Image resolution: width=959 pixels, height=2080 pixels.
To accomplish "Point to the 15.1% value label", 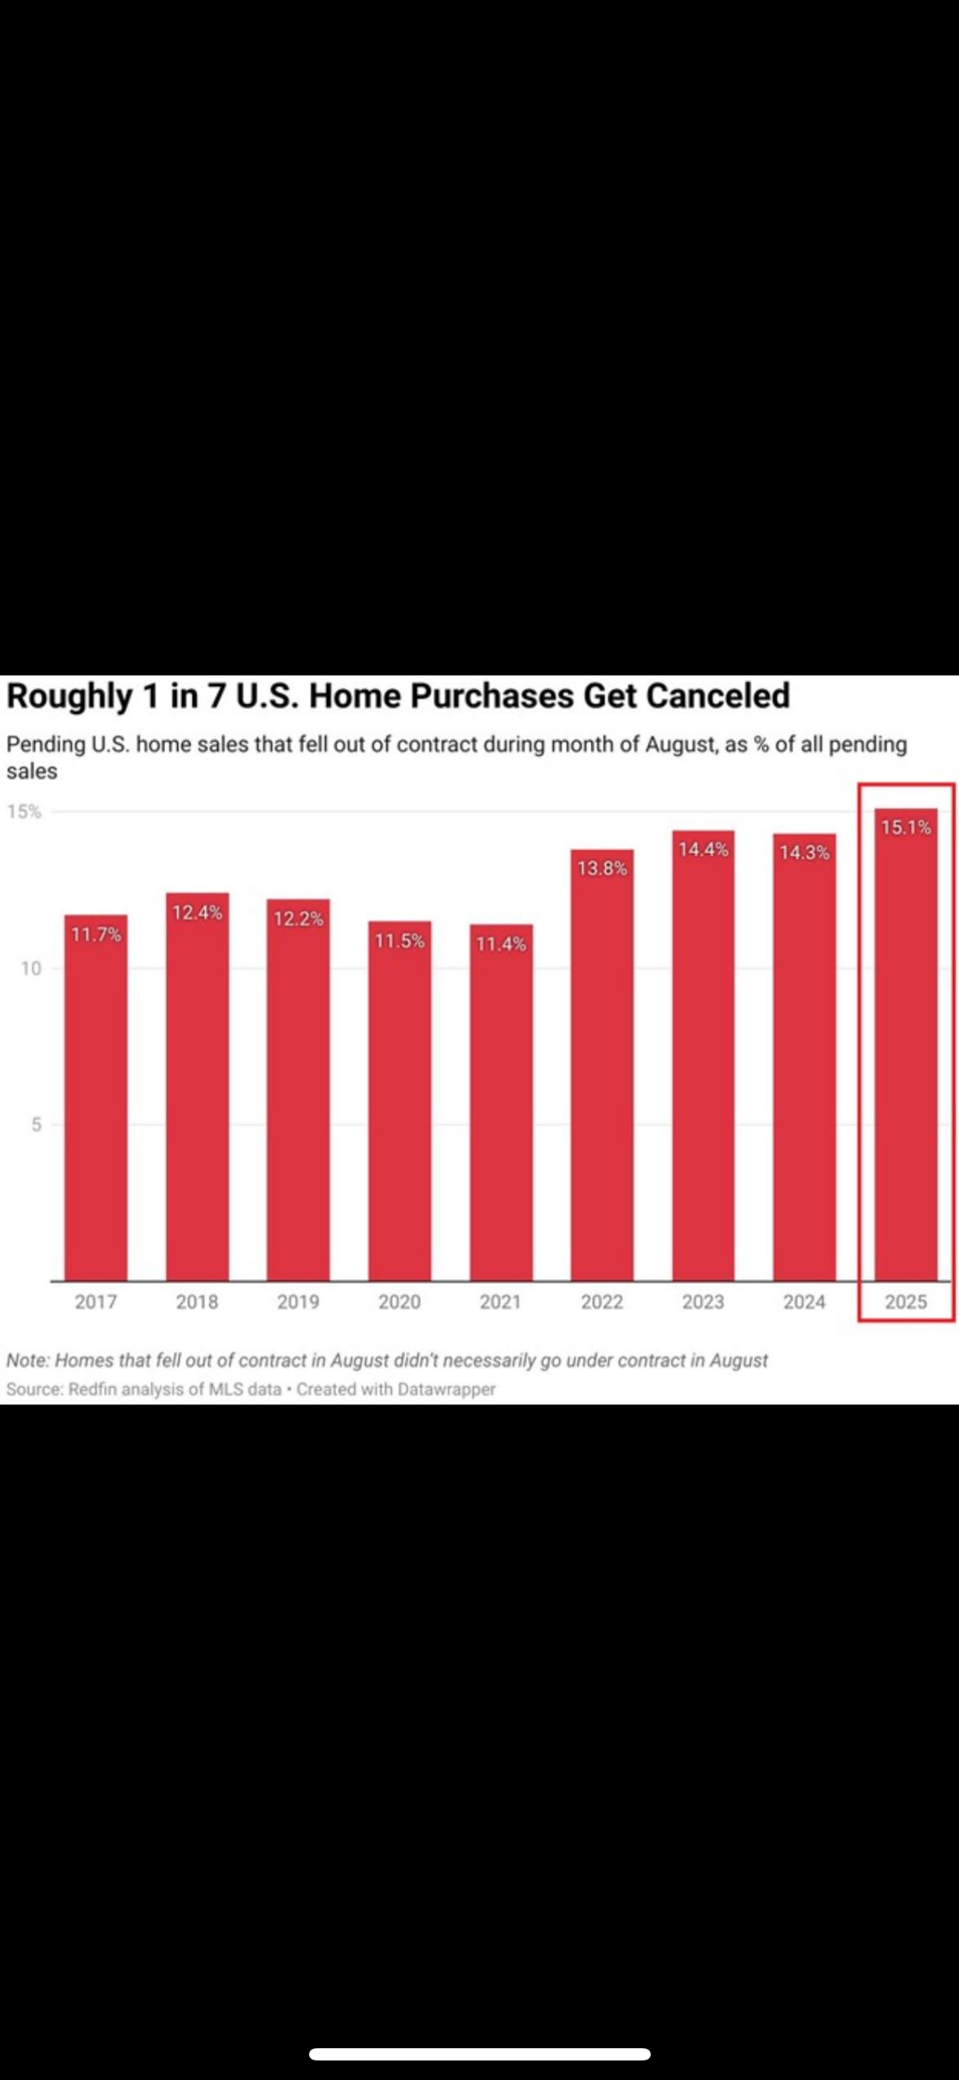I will tap(905, 828).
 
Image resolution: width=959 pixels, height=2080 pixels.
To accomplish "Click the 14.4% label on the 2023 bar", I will tap(703, 850).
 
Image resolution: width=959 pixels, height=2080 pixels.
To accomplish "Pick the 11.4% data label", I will tap(500, 944).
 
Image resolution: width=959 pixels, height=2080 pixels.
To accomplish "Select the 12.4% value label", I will tap(197, 912).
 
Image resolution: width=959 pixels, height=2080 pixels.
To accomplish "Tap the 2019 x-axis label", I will tap(298, 1301).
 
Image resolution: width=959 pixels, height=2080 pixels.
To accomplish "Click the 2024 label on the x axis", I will tap(804, 1301).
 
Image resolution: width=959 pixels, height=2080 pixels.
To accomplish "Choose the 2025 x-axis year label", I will tap(905, 1301).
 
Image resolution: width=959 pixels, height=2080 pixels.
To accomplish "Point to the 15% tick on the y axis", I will tap(24, 811).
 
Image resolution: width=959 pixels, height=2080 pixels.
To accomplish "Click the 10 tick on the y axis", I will tap(31, 968).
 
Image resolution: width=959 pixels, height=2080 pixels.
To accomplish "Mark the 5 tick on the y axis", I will tap(36, 1125).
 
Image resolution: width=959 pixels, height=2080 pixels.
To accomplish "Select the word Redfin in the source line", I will tap(93, 1389).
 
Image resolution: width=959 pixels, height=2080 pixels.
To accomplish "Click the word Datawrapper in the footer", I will tap(446, 1389).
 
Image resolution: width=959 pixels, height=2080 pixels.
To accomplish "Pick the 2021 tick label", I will tap(500, 1301).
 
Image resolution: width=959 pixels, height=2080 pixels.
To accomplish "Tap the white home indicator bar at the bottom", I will tap(479, 2054).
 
